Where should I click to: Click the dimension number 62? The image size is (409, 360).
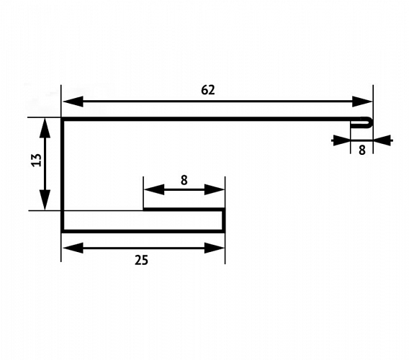coord(208,90)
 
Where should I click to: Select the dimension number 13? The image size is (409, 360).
coord(37,160)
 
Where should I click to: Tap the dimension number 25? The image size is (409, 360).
coord(141,260)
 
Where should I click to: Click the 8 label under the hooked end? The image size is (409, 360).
coord(361,150)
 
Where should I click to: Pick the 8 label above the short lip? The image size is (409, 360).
coord(184,180)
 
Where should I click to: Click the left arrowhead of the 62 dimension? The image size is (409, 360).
coord(73,102)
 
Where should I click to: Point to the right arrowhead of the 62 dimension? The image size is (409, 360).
coord(361,102)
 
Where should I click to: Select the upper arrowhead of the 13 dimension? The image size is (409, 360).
coord(45,128)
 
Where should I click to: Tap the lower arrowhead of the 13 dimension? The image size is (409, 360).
coord(45,199)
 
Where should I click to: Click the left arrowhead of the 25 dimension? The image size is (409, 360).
coord(73,248)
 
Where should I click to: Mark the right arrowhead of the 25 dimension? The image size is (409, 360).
coord(215,248)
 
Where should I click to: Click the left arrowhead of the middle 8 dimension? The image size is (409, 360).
coord(154,189)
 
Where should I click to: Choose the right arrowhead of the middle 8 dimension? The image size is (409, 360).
coord(215,189)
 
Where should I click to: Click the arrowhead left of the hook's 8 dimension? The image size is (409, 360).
coord(341,140)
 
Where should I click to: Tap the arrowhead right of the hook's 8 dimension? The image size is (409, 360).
coord(382,140)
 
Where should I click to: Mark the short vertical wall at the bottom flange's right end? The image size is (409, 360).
coord(223,220)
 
